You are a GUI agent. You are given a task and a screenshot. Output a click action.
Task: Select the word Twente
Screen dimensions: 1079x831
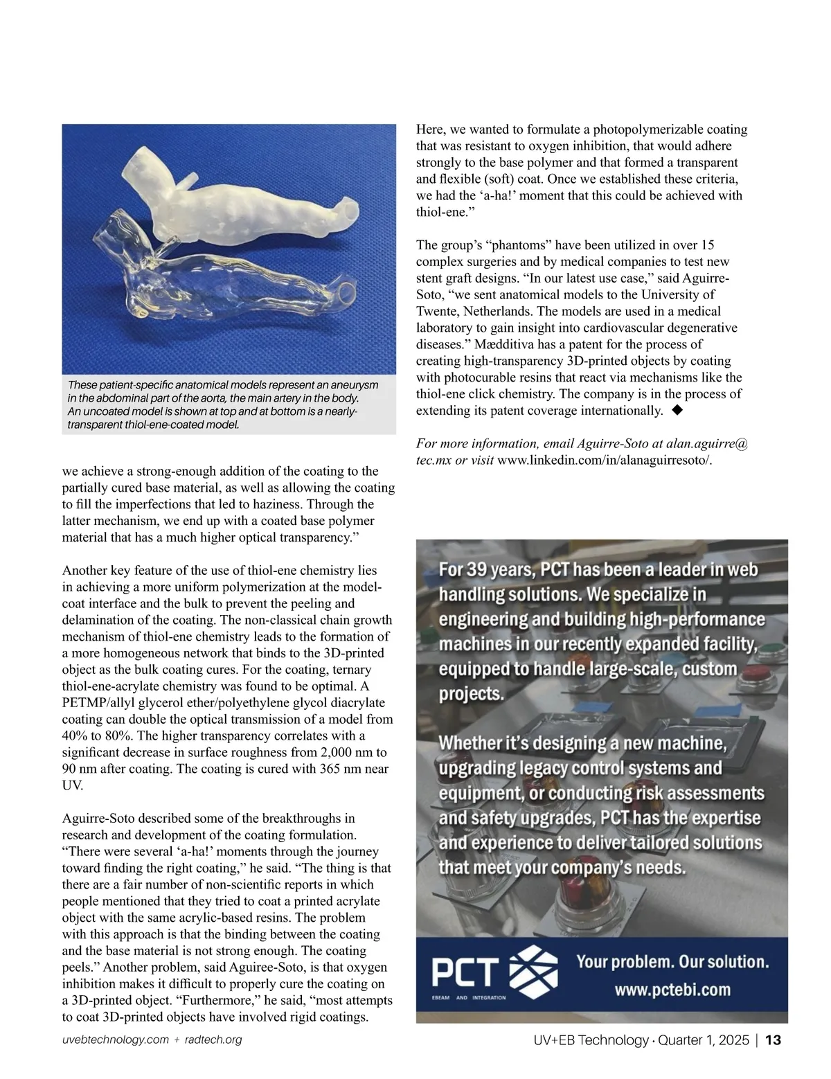[438, 311]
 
